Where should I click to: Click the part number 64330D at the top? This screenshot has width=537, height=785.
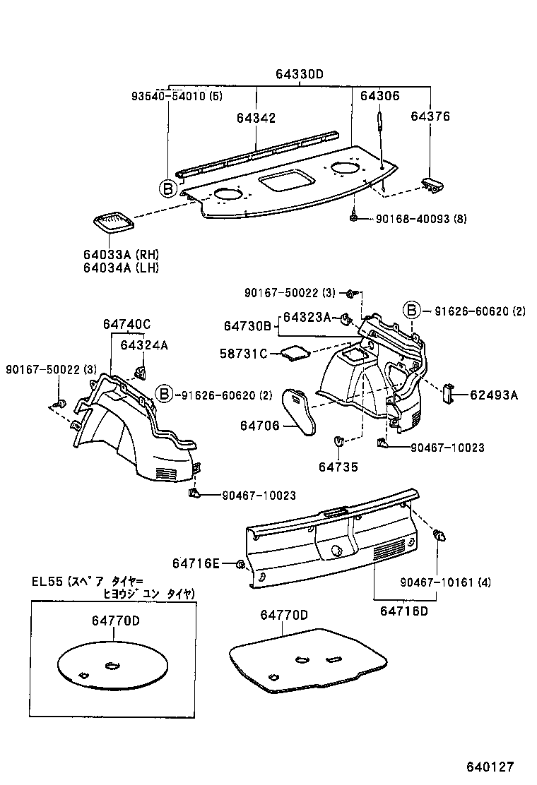300,75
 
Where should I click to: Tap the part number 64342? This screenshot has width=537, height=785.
256,118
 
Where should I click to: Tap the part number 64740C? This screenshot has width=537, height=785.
126,325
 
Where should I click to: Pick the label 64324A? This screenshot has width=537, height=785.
144,345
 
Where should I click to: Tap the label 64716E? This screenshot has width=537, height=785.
196,563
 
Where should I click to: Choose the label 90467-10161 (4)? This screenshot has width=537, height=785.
445,582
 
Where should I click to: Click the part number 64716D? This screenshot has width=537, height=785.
404,610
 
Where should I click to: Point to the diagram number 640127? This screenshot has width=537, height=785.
489,767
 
